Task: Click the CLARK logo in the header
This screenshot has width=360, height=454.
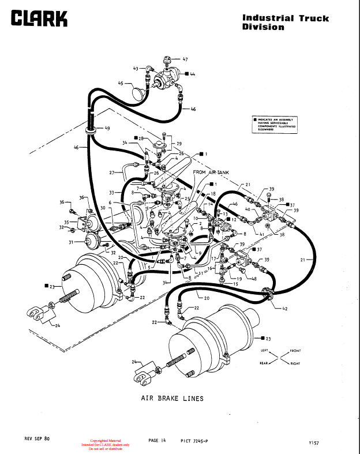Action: [39, 18]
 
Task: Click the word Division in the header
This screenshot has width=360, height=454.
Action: [263, 27]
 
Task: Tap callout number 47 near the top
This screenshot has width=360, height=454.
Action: [185, 59]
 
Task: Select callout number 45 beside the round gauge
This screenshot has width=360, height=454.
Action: [121, 83]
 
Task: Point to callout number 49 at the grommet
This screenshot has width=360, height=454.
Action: [107, 127]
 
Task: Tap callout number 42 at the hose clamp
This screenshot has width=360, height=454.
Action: [284, 309]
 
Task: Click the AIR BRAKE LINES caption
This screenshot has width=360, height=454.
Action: [172, 398]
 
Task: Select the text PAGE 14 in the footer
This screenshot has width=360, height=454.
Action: [157, 440]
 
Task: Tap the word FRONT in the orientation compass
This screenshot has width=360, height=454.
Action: [295, 351]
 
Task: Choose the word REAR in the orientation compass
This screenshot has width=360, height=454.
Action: [265, 363]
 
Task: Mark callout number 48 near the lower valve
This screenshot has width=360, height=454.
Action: [254, 278]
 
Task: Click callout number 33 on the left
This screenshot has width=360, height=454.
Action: [112, 192]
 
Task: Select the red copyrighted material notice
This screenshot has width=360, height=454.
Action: [109, 445]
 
